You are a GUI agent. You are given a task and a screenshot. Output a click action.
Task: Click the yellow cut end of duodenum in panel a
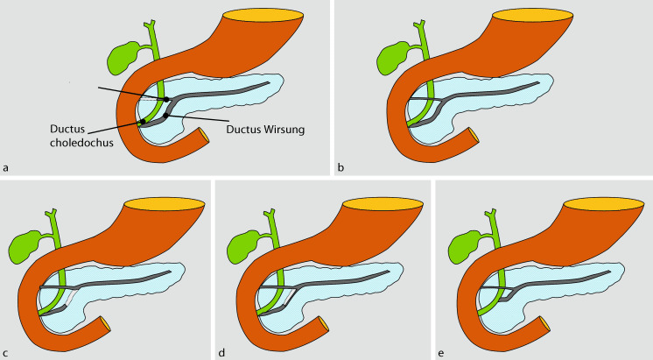pos(203,136)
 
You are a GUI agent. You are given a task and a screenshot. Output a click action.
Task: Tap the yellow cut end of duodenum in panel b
pos(473,137)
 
